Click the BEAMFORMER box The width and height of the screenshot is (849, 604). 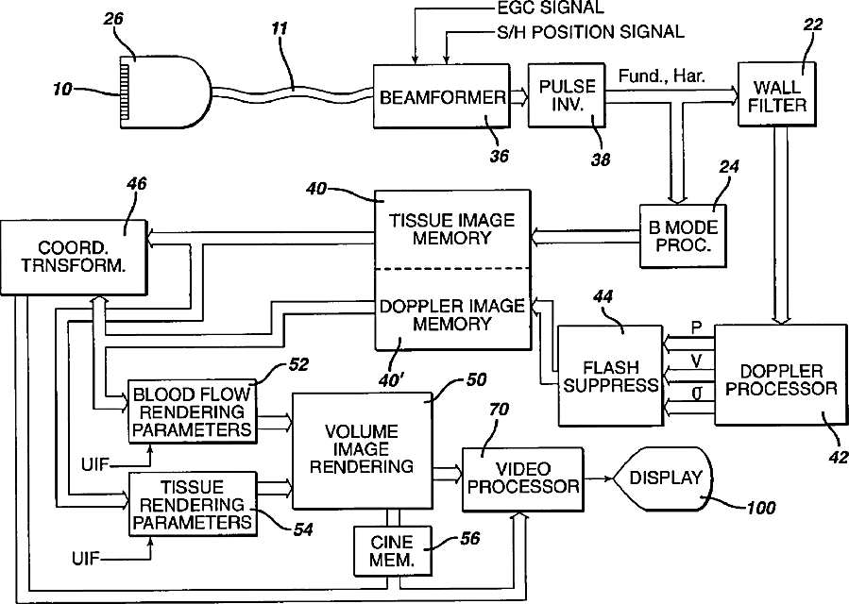pos(441,96)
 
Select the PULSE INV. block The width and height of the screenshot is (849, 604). pos(567,95)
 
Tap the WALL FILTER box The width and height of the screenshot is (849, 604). pos(777,94)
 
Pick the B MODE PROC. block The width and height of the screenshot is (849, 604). pos(683,236)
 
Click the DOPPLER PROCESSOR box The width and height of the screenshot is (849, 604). pos(781,375)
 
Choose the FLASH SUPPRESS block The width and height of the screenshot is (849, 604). pos(610,376)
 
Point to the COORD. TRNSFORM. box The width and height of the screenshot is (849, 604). pos(74,257)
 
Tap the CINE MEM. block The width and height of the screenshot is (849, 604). pos(393,551)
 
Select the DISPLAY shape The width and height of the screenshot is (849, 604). pos(663,478)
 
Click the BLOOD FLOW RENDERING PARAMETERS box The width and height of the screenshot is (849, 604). pos(193,411)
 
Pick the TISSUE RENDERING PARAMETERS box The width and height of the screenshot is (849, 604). pos(193,504)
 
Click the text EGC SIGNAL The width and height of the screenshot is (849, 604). pos(551,8)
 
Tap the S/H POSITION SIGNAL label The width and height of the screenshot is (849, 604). pos(590,31)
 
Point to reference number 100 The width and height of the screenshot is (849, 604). pos(761,508)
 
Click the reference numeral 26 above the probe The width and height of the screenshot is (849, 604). pos(112,19)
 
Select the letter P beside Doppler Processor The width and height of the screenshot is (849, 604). pos(696,327)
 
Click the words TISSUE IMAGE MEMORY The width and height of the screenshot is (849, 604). pos(451,229)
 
